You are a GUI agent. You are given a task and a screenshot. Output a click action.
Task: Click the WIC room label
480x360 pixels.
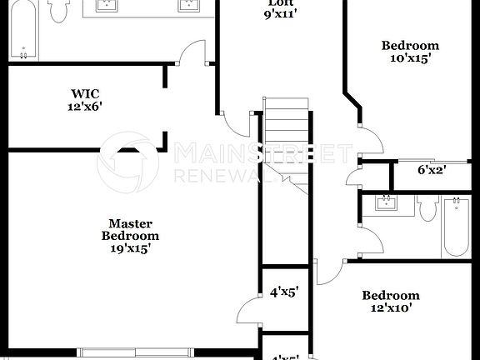click(x=85, y=94)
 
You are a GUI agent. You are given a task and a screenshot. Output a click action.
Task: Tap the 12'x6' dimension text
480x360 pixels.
click(x=85, y=107)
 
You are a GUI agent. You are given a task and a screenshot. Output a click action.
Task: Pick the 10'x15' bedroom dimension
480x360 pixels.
click(x=409, y=58)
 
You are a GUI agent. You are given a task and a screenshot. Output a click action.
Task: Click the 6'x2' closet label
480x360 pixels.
click(x=432, y=170)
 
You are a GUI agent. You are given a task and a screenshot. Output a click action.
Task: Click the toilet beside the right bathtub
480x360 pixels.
click(x=428, y=208)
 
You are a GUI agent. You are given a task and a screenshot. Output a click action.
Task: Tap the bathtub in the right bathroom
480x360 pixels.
click(x=457, y=227)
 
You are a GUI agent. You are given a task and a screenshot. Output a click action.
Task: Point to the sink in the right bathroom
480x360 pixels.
click(x=386, y=203)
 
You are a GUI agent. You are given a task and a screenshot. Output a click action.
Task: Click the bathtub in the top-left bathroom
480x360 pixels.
click(x=22, y=30)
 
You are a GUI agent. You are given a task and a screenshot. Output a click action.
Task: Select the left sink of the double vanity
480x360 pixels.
click(x=107, y=7)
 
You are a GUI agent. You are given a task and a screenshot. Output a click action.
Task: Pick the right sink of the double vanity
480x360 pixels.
click(x=188, y=7)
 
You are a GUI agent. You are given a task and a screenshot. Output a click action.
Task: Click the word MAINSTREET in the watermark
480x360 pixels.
click(x=262, y=153)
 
